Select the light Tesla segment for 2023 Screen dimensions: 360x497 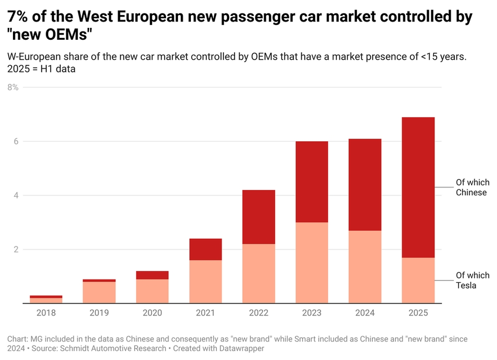312,263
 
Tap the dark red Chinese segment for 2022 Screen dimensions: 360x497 259,217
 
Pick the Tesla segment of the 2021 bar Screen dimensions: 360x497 206,281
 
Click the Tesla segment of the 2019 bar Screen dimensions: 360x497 99,292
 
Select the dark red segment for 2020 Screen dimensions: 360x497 153,275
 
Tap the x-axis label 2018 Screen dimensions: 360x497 46,313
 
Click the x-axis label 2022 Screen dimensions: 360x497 259,313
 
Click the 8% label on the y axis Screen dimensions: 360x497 13,88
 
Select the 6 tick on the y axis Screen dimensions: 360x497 16,141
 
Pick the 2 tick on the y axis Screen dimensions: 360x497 16,249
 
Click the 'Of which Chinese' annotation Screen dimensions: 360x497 472,187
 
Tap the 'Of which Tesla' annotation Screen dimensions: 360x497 473,280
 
